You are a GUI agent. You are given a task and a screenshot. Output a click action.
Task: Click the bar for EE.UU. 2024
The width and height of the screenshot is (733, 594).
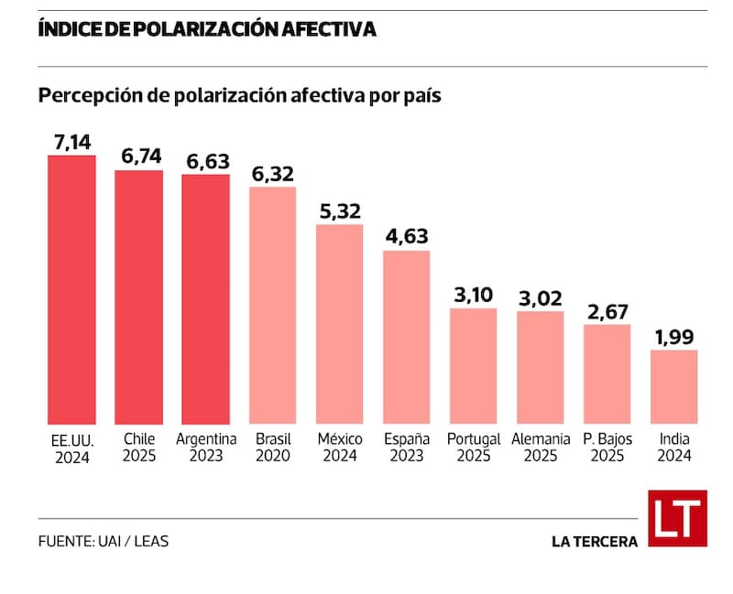71,289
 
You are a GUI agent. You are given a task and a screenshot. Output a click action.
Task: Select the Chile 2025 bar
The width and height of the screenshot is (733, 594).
139,297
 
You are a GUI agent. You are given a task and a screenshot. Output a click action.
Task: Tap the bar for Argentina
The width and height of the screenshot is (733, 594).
205,299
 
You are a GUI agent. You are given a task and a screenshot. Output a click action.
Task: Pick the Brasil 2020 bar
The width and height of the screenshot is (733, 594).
272,306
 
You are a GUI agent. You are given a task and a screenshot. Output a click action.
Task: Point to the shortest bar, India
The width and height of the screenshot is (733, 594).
674,387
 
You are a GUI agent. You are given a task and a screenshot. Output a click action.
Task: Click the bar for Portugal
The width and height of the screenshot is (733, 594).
473,366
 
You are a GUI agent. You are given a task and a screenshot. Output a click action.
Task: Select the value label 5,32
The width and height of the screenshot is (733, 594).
340,212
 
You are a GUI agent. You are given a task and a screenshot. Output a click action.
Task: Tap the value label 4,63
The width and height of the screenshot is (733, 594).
407,237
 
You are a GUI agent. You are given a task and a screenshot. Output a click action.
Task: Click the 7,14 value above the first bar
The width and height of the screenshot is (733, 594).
72,143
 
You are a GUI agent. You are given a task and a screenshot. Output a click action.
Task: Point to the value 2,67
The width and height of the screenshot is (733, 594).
607,312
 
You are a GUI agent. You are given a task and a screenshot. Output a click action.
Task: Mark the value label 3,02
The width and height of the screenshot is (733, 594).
541,299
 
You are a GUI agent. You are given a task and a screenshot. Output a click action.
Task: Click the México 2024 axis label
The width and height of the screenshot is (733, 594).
340,447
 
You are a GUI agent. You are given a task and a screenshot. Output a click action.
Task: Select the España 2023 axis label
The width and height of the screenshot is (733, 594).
407,447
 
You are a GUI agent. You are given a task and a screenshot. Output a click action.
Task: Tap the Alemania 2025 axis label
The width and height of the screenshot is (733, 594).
541,447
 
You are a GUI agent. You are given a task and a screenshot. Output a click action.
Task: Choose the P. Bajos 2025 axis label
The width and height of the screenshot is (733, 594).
607,447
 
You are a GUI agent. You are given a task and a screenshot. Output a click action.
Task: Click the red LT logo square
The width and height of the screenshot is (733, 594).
678,518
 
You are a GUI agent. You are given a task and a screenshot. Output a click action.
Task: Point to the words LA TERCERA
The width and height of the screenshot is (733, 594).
595,542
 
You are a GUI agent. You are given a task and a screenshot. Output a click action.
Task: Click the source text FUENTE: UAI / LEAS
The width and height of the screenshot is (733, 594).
104,541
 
